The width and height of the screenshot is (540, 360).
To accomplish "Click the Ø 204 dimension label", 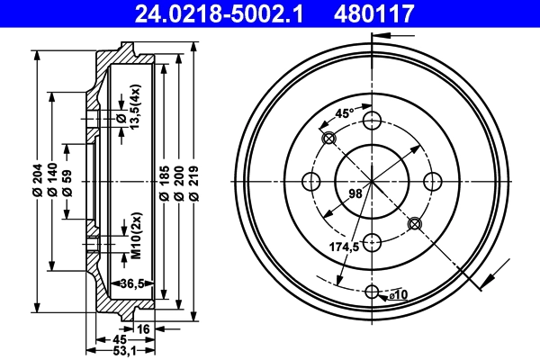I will click(36, 181).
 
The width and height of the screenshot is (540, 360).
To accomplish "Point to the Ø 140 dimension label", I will click(53, 181).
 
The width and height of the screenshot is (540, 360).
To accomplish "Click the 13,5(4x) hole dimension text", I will click(135, 109).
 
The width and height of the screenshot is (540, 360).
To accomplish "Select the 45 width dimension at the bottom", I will click(120, 339).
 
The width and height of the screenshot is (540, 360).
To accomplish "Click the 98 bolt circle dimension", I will click(356, 191).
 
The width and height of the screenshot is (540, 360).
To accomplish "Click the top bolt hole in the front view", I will click(373, 121).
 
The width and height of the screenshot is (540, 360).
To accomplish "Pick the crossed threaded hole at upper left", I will click(328, 138).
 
